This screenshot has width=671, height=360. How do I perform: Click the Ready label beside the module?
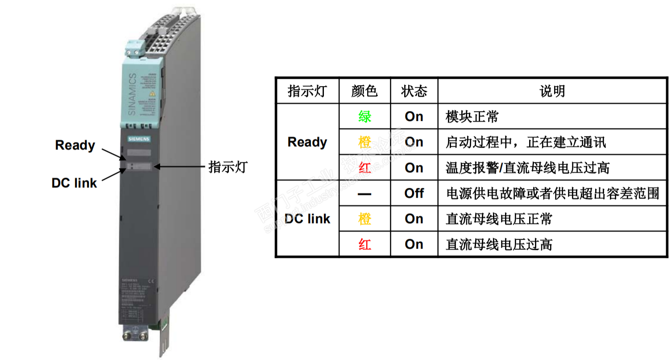75,145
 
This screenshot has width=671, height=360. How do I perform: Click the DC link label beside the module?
74,183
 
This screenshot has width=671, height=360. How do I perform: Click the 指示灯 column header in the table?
307,91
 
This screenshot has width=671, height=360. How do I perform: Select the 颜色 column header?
364,91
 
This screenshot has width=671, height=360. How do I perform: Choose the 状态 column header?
414,91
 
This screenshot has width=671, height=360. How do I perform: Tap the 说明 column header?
552,91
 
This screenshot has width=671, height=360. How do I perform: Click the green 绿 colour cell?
364,117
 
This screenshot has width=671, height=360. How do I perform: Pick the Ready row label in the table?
307,142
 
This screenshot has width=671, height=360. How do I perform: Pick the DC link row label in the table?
307,219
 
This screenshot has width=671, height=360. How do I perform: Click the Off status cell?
414,193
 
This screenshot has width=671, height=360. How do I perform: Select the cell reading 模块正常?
472,117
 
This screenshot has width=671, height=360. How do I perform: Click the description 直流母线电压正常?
499,219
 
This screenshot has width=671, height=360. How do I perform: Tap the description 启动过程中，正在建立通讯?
526,142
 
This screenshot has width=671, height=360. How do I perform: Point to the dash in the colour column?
364,193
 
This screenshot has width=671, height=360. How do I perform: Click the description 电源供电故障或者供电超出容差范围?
552,193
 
